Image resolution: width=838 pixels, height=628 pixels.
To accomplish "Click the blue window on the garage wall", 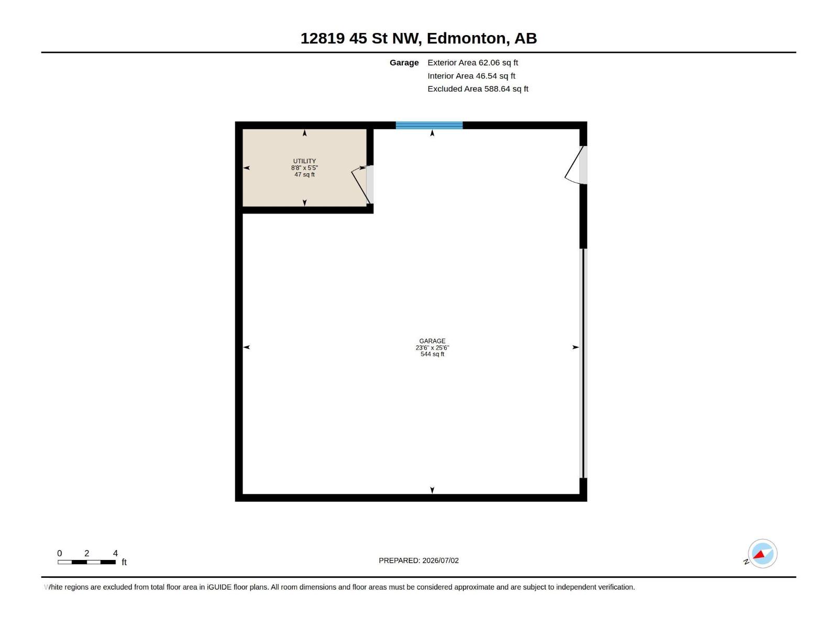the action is pos(429,126).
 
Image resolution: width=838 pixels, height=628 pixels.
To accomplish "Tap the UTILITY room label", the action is pos(304,161).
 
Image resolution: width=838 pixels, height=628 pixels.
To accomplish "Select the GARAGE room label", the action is pos(432,341).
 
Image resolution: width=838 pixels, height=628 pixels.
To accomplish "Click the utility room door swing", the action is pos(361,185).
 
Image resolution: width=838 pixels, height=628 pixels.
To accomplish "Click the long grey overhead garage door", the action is pos(583,363).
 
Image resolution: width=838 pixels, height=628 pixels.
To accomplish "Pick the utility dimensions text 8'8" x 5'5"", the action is pos(304,168).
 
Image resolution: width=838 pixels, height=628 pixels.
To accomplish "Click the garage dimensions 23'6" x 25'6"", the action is pos(432,347).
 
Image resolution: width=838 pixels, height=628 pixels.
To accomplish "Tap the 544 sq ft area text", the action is pos(432,354).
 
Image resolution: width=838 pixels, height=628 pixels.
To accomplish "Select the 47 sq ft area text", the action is pos(304,175).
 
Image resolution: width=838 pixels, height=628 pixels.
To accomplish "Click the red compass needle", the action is pos(758,554).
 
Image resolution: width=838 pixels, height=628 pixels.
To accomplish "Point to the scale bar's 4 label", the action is pos(115,553).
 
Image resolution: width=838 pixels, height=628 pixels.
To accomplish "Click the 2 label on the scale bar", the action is pos(86,553).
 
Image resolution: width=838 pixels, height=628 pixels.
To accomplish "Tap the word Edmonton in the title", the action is pos(468,39).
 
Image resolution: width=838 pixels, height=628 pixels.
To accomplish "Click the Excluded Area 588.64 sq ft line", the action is pos(478,89).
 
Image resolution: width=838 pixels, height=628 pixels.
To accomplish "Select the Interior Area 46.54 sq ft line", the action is pos(471,76).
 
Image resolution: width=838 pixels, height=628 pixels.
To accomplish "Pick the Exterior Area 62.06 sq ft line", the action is pos(472,62).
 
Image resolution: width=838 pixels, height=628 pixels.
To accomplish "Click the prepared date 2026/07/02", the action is pos(440,560).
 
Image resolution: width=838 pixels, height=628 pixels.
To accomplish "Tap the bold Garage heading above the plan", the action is pos(404,63).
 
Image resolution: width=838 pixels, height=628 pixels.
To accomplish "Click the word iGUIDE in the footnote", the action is pos(219,587).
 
